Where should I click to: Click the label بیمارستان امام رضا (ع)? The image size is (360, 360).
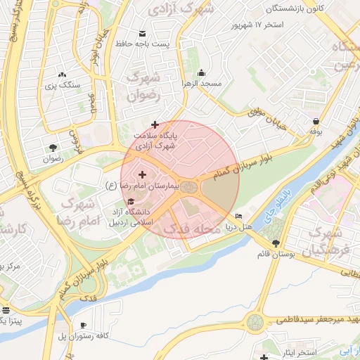143,186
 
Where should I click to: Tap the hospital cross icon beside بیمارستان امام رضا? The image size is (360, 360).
143,174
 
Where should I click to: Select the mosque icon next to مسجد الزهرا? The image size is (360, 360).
202,72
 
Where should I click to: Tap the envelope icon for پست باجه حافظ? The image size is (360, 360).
143,34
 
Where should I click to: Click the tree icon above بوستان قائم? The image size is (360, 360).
276,243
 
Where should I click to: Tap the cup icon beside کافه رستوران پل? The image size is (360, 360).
84,325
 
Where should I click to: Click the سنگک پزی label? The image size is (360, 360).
63,85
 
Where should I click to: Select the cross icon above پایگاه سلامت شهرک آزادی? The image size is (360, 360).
155,124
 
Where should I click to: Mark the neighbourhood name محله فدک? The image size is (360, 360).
192,229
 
